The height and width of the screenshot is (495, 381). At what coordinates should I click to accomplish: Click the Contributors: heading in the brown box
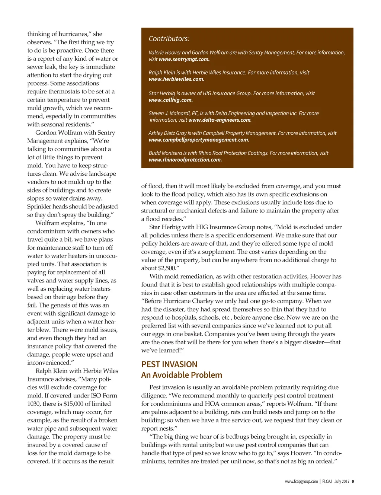pyautogui.click(x=169, y=39)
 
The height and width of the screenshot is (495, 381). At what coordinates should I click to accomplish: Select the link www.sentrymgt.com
pyautogui.click(x=184, y=59)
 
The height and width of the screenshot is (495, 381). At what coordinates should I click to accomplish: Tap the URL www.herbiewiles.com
pyautogui.click(x=176, y=79)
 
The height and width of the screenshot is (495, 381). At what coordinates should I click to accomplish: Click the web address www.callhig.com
pyautogui.click(x=170, y=100)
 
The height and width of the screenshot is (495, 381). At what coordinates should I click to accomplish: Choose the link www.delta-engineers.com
pyautogui.click(x=220, y=120)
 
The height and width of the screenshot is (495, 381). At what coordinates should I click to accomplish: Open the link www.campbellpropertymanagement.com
pyautogui.click(x=199, y=140)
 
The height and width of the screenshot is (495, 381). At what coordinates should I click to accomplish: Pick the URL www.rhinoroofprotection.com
pyautogui.click(x=185, y=160)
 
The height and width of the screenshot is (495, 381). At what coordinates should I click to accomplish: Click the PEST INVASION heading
pyautogui.click(x=169, y=364)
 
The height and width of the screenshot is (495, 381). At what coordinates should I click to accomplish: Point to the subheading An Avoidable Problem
pyautogui.click(x=182, y=375)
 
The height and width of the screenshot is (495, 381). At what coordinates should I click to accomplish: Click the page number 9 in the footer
pyautogui.click(x=353, y=481)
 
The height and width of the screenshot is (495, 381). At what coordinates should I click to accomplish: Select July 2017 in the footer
pyautogui.click(x=342, y=481)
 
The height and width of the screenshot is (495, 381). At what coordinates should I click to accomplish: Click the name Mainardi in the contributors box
pyautogui.click(x=181, y=113)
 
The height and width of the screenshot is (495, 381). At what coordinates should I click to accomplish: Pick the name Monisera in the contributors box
pyautogui.click(x=173, y=153)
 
